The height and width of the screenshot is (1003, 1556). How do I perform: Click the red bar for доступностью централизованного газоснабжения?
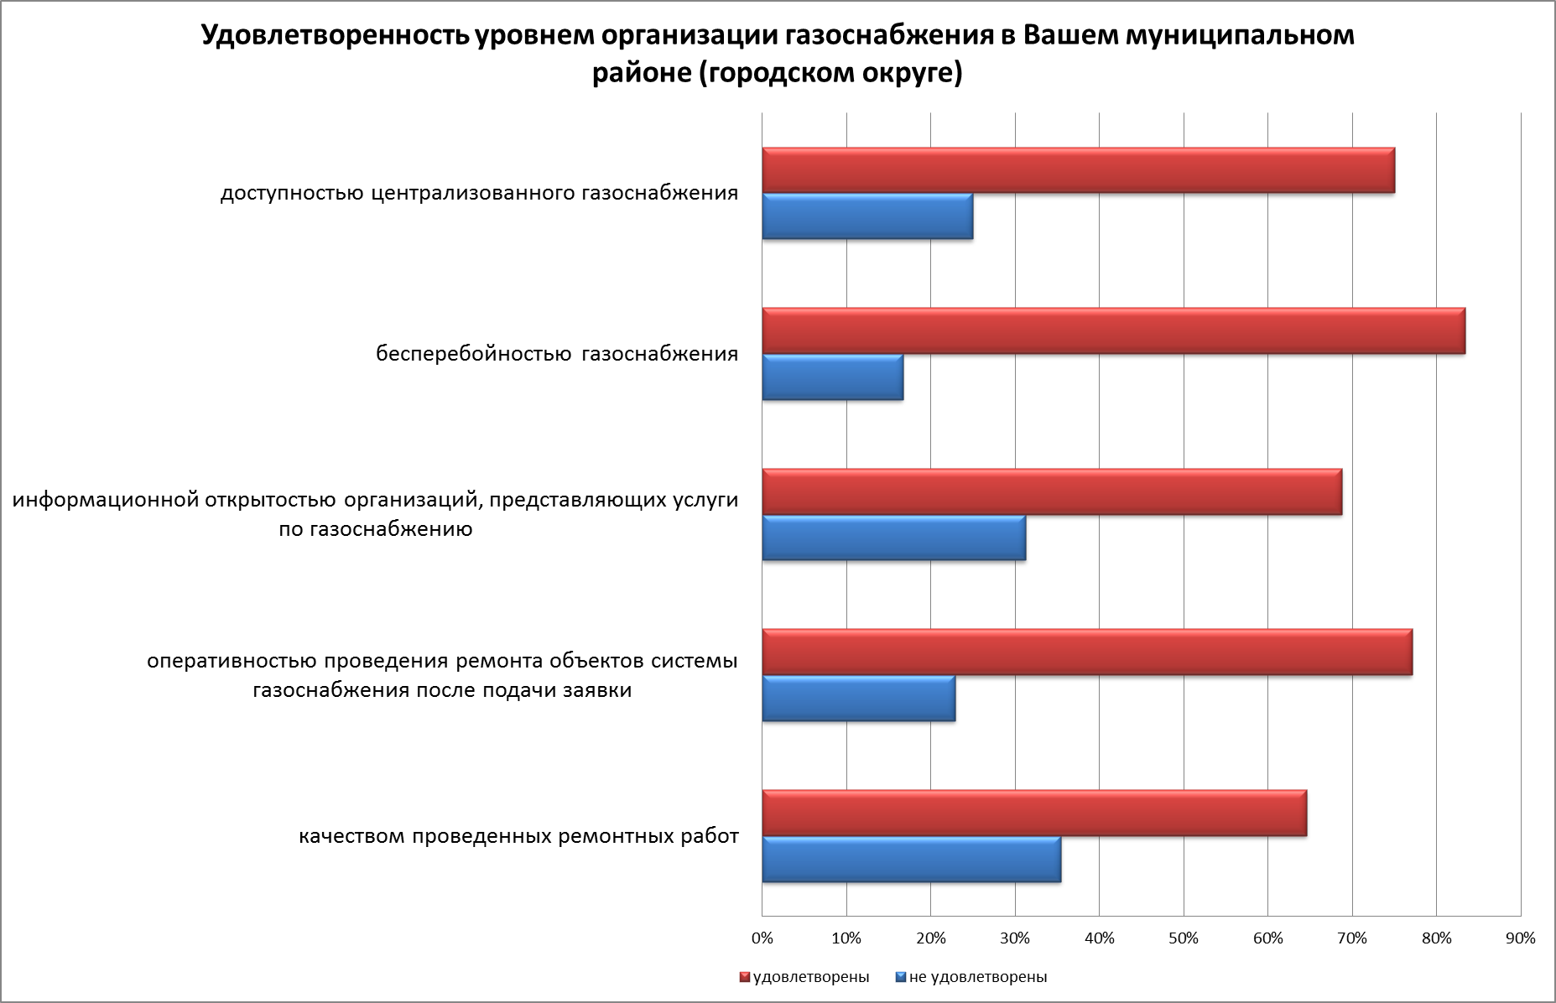[1078, 170]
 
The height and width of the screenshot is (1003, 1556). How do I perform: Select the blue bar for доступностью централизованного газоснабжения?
[867, 216]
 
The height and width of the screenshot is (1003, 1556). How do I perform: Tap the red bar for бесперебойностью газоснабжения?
[1113, 330]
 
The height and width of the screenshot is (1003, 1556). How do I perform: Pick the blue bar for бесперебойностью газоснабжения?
[832, 377]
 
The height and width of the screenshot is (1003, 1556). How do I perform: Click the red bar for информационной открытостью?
[1052, 491]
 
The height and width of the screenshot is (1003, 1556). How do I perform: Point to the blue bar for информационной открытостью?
[893, 538]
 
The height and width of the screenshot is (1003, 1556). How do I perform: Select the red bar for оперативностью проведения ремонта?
[1087, 652]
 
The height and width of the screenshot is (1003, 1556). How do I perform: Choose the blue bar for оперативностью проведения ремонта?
[858, 698]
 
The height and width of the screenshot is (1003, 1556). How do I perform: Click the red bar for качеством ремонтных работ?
[1034, 813]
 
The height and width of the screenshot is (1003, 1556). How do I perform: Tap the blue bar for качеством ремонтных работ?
[911, 860]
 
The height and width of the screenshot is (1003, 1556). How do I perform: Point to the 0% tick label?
[762, 938]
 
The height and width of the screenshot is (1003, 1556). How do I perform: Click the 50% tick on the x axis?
[1184, 938]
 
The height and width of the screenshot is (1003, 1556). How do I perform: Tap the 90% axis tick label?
[1521, 938]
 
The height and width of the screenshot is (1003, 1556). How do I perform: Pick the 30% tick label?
[1015, 938]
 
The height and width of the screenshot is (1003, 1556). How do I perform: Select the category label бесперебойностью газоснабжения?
[557, 354]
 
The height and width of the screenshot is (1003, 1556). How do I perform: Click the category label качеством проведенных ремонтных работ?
[519, 836]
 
